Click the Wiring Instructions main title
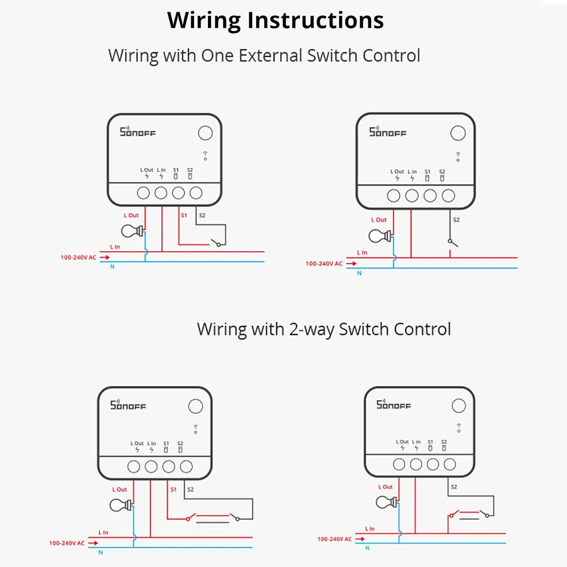pos(276,20)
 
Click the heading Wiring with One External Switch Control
pos(264,55)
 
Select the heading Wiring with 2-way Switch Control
pos(323,329)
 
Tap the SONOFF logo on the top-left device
pos(138,131)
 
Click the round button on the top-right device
pos(458,133)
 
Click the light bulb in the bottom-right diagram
pos(385,502)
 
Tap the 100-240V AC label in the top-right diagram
pos(324,264)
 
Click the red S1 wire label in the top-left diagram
pos(183,215)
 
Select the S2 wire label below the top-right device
pos(456,220)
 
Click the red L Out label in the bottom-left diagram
pos(120,489)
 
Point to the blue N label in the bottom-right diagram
pos(367,548)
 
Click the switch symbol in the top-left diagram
pos(215,243)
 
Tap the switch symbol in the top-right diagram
pos(452,243)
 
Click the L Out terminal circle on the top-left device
pos(143,193)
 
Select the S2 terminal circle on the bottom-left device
pos(186,466)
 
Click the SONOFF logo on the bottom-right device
pos(393,405)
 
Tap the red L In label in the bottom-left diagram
pos(103,532)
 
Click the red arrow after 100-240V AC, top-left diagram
pos(105,258)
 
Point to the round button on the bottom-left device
pos(195,406)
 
